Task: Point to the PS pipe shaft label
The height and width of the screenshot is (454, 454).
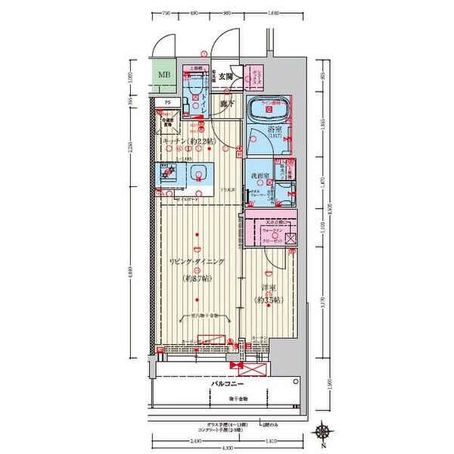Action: click(x=166, y=102)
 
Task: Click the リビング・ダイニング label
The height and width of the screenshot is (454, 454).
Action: click(x=196, y=262)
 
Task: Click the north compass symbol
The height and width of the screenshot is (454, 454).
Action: click(x=323, y=432)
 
